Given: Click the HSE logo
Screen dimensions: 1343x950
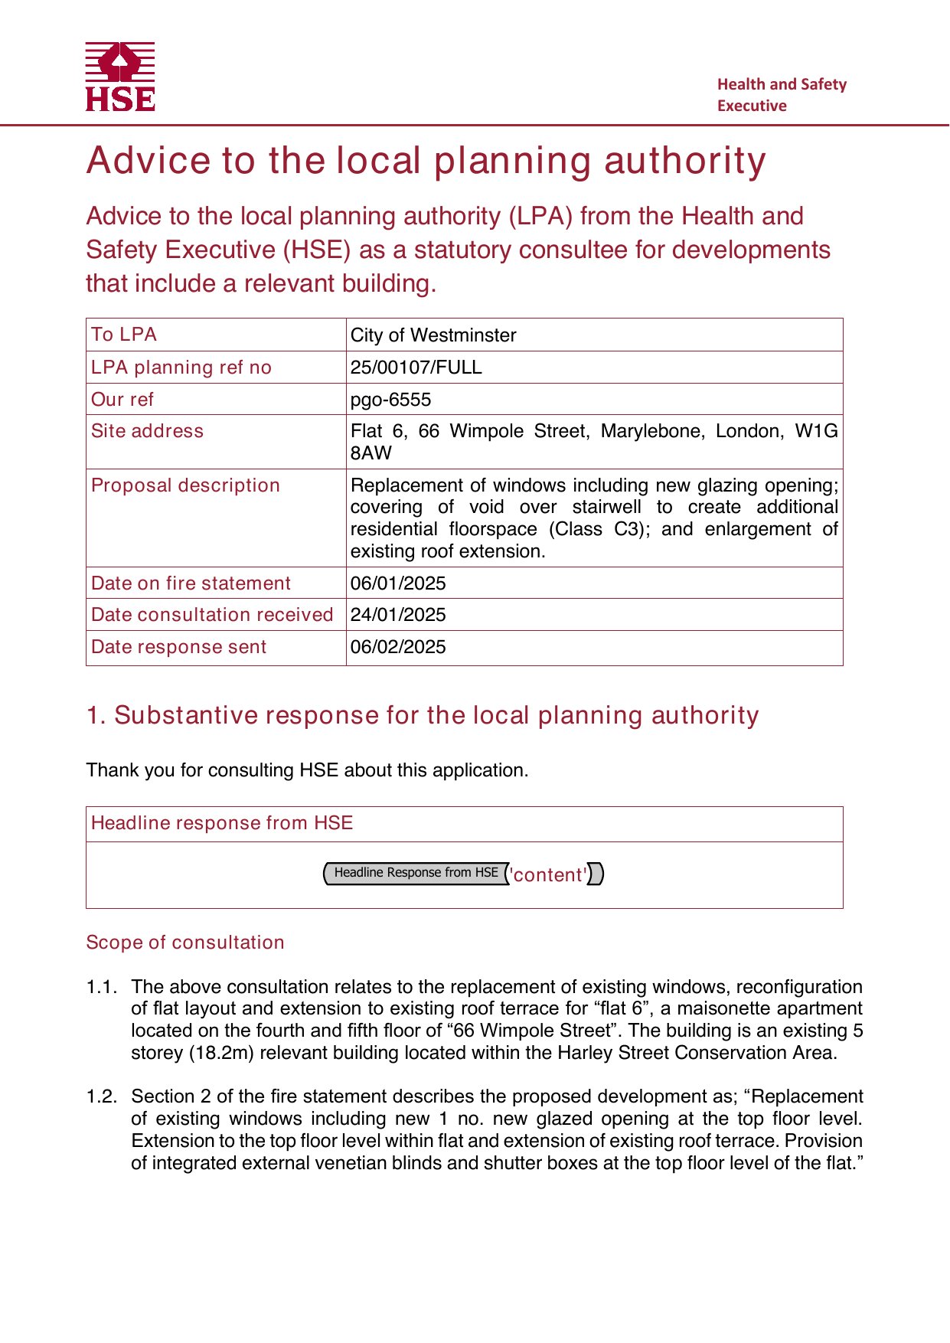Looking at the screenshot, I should click(x=120, y=77).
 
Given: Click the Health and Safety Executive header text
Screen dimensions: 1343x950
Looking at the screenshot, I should click(x=782, y=95).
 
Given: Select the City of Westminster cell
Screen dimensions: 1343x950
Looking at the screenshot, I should click(x=433, y=335).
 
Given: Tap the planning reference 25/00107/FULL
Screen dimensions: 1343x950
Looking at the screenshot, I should click(x=416, y=368).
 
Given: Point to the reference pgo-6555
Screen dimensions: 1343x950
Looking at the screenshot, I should click(x=390, y=400).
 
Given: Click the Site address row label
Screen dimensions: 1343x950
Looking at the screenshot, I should click(x=147, y=431).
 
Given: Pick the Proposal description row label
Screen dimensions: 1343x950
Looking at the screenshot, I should click(x=185, y=485).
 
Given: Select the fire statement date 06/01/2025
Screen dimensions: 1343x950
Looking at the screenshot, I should click(x=398, y=583).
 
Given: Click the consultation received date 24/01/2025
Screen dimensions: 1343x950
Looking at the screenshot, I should click(x=398, y=615).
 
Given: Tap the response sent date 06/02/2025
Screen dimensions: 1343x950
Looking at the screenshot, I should click(x=398, y=647).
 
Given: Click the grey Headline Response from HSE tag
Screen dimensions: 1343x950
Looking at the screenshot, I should click(x=416, y=873).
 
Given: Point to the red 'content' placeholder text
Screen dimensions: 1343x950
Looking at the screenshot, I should click(x=550, y=874).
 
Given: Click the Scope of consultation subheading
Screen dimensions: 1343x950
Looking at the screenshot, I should click(x=185, y=943).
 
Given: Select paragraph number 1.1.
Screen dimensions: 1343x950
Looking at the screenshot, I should click(x=101, y=987).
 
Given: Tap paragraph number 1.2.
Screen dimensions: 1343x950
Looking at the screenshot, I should click(x=101, y=1096).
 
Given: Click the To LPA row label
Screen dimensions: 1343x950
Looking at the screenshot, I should click(x=124, y=335).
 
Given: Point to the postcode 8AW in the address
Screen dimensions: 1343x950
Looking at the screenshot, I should click(x=371, y=453).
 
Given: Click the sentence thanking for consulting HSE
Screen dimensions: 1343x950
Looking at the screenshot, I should click(x=307, y=770).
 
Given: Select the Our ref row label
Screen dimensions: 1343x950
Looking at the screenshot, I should click(x=122, y=400).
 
